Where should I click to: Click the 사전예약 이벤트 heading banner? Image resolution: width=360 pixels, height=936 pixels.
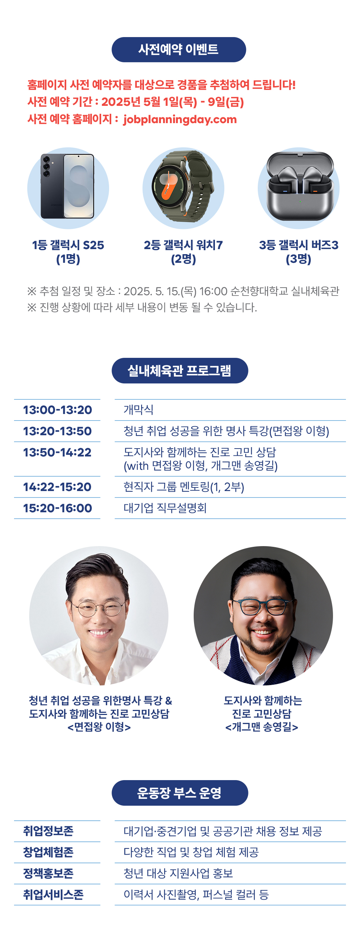pos(179,49)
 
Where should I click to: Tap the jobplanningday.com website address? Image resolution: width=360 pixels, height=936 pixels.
pos(180,120)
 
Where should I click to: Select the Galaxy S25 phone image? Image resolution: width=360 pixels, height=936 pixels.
pos(68,186)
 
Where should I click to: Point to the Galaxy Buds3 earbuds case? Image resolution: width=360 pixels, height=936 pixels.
pos(299,186)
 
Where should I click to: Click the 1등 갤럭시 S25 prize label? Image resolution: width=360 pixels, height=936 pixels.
pos(68,245)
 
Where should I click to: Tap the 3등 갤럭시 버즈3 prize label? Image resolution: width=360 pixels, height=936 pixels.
pos(298,245)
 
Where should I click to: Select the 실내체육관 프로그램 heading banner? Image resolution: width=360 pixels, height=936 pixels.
pos(180,371)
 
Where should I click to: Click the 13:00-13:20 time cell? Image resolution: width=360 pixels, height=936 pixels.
pos(57,410)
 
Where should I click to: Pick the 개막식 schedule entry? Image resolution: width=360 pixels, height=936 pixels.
pos(138,410)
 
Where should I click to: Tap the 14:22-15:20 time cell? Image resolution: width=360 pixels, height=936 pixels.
pos(57,487)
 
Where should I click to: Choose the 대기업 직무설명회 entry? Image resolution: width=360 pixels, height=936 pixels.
pos(165,508)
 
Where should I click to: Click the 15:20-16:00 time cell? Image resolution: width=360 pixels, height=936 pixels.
pos(57,508)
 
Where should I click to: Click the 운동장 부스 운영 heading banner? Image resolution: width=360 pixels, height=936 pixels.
pos(180,793)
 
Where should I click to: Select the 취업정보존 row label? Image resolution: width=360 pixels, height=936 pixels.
pos(48,831)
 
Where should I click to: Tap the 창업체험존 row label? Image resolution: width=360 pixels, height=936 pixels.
pos(48,852)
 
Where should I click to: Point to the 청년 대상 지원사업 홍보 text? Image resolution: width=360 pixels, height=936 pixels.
pos(178,873)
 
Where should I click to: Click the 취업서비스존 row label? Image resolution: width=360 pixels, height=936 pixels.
pos(53,895)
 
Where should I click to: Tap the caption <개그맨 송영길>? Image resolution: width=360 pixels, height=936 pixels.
pos(262,727)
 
